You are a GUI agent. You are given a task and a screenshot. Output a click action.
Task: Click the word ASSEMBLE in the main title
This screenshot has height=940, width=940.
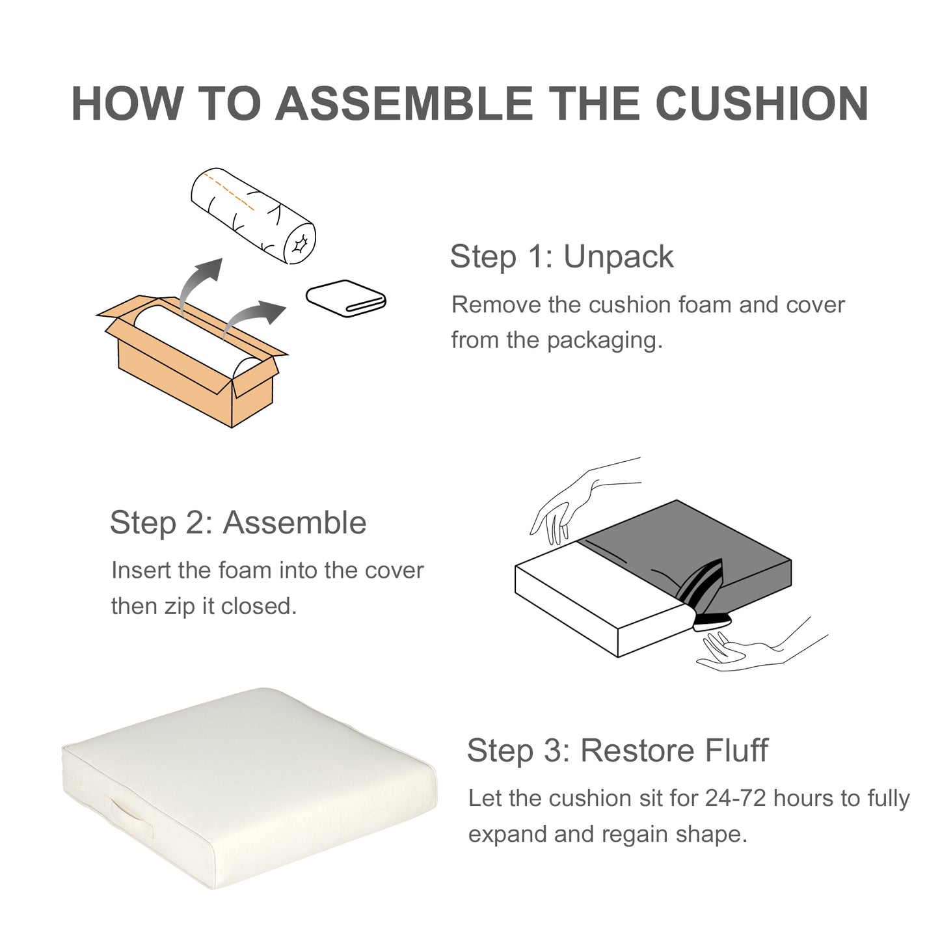(x=405, y=103)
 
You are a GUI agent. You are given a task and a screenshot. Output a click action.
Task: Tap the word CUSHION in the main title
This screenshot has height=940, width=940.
(x=762, y=103)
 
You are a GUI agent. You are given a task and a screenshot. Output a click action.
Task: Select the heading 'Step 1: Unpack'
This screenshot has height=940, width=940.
(x=561, y=256)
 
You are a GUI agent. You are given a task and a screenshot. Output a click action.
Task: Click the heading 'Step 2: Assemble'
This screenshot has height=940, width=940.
(x=238, y=522)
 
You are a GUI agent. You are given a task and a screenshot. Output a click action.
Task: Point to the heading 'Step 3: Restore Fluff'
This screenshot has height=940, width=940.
(x=617, y=750)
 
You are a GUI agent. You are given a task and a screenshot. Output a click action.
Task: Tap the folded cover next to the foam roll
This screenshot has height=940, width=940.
(x=346, y=298)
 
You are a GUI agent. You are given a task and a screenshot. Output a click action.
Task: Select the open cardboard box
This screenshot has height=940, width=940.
(x=192, y=361)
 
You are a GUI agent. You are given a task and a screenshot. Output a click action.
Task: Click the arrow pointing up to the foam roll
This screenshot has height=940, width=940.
(x=198, y=283)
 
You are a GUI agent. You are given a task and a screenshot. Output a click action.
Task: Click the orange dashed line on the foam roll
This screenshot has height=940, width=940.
(x=229, y=192)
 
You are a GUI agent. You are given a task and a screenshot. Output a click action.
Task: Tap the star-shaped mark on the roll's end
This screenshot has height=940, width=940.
(x=300, y=243)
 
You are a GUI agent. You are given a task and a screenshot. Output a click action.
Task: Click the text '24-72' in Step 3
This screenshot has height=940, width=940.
(x=735, y=799)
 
